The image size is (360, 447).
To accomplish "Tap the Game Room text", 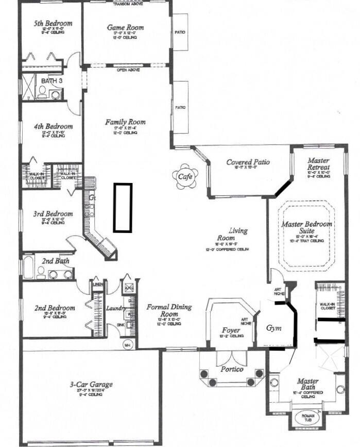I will point(125,27).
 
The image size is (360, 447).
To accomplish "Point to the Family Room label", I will point(125,122).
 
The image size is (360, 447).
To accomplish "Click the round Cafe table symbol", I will point(184,176).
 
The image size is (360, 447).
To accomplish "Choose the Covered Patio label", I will point(248,162).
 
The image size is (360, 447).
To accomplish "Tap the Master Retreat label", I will point(318,164).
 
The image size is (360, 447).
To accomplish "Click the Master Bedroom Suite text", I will point(306,228).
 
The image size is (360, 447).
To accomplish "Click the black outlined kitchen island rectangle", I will point(123,207).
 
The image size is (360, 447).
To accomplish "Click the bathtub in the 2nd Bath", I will point(28,269).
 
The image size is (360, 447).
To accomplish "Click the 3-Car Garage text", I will point(91,385).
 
